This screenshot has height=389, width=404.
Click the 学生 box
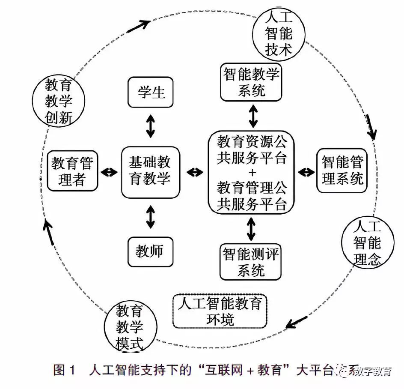coord(151,92)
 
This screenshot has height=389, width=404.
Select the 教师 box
coord(150,251)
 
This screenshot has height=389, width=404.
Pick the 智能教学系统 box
coord(251,82)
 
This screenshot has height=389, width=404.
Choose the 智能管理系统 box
coord(342,171)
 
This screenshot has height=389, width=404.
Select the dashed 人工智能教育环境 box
coord(219,311)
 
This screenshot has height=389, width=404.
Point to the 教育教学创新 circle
coord(58,101)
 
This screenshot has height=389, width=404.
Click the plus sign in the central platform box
coord(251,173)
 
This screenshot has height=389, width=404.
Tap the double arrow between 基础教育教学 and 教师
coord(150,216)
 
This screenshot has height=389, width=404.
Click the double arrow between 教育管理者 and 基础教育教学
coord(110,172)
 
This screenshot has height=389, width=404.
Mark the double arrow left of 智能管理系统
coord(306,172)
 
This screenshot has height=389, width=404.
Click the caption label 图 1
coord(65,370)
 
